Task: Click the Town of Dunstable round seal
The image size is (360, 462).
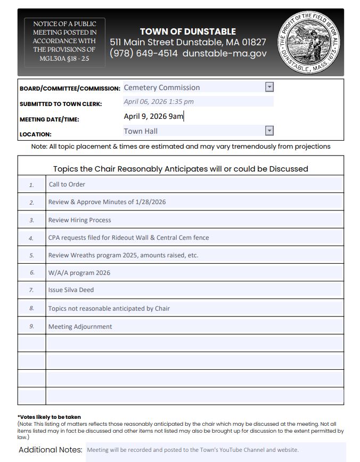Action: [310, 42]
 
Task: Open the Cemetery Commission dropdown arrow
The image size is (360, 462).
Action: [269, 87]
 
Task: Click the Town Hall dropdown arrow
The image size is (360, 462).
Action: [269, 131]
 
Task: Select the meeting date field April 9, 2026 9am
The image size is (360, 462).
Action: [153, 116]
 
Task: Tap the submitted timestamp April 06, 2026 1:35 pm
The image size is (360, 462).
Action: [159, 101]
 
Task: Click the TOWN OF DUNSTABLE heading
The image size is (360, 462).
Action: [187, 31]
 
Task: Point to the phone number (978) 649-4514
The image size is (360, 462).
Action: [143, 53]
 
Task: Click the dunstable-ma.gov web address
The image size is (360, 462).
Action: [224, 53]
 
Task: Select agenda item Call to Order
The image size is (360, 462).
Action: [67, 184]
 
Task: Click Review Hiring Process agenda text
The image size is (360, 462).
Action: [80, 220]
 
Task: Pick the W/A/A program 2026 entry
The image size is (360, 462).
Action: [79, 272]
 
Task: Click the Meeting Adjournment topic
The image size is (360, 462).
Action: [80, 327]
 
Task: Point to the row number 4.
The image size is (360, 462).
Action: [31, 238]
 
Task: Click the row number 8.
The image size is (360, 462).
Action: [31, 309]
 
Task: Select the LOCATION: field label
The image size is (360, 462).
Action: [36, 134]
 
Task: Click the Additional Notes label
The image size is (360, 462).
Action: [51, 450]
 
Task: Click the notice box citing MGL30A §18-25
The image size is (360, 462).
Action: [64, 41]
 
